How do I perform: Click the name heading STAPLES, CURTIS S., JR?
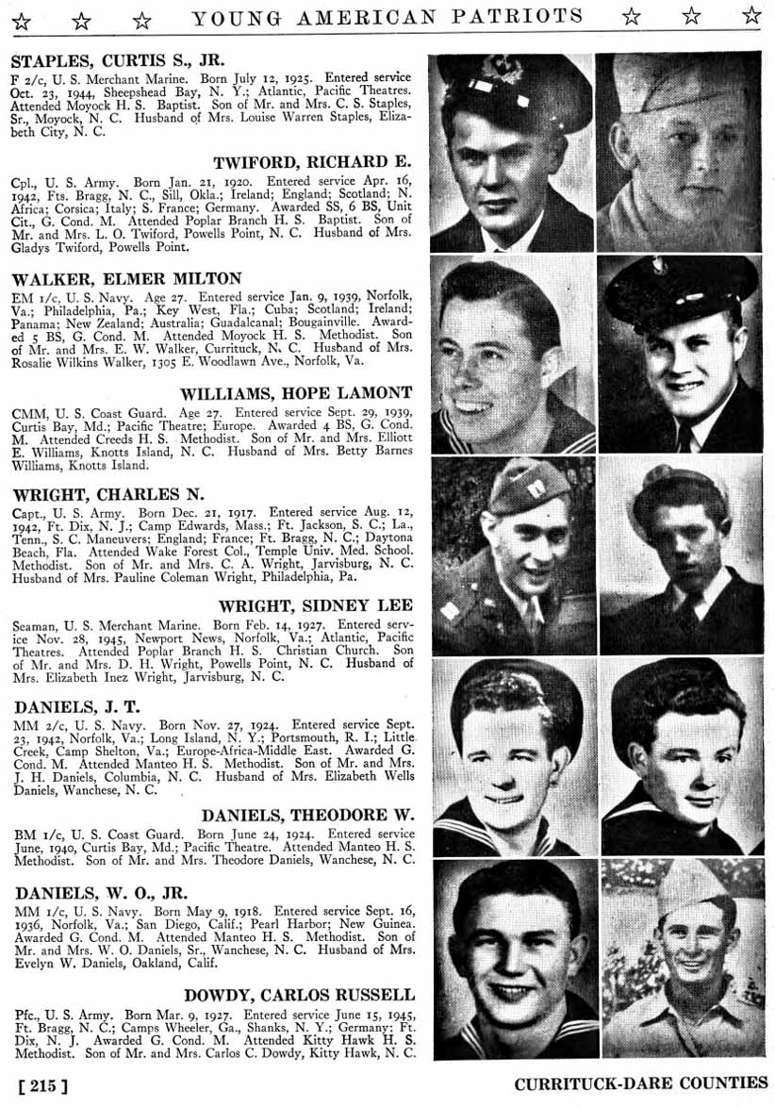[x=118, y=58]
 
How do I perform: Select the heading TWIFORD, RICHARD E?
[x=313, y=161]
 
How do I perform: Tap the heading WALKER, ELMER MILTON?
[x=126, y=278]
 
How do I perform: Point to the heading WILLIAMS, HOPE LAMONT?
[x=309, y=392]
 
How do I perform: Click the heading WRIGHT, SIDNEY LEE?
[x=316, y=605]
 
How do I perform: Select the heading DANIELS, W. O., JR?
[x=99, y=892]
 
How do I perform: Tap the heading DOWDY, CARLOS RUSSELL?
[x=299, y=995]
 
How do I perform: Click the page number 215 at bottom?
[x=42, y=1085]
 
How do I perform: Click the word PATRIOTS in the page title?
[x=530, y=16]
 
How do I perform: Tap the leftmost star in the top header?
[x=21, y=20]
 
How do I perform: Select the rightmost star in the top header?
[x=751, y=15]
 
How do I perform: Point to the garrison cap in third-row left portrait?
[x=527, y=487]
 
